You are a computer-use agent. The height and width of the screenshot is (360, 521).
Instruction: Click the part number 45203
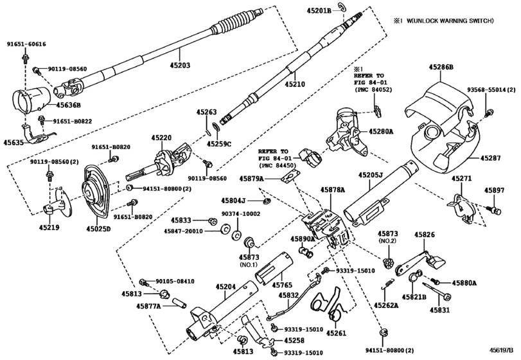[180, 65]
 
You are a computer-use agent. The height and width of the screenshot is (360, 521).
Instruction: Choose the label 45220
[162, 138]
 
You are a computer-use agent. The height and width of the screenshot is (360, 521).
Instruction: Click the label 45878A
[333, 190]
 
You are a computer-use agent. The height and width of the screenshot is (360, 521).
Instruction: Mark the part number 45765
[281, 284]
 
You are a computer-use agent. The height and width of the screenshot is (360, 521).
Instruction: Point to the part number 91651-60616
[26, 44]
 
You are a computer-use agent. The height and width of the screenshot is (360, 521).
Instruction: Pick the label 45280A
[382, 131]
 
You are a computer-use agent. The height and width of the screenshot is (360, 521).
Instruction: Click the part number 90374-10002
[242, 213]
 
